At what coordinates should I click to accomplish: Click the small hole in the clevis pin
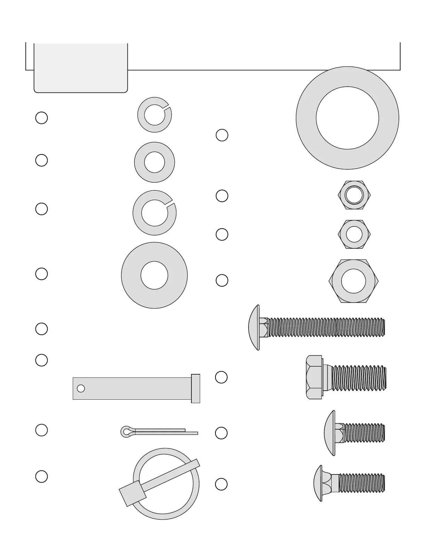(81, 388)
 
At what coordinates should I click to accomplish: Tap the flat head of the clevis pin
(196, 389)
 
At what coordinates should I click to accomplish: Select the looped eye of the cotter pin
(126, 432)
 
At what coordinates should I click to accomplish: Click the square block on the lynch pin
(132, 493)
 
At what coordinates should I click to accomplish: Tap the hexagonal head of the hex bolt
(314, 377)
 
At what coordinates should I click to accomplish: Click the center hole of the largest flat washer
(347, 118)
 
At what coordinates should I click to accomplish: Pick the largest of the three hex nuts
(354, 281)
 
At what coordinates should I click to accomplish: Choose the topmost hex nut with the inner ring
(354, 195)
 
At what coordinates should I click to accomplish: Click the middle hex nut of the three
(354, 234)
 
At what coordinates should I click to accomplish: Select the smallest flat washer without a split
(155, 162)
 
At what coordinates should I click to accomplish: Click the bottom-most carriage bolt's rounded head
(318, 484)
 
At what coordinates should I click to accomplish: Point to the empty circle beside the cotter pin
(41, 430)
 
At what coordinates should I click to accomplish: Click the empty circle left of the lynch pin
(41, 476)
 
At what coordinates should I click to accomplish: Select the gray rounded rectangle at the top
(81, 68)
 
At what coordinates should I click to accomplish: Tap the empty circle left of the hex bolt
(221, 377)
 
